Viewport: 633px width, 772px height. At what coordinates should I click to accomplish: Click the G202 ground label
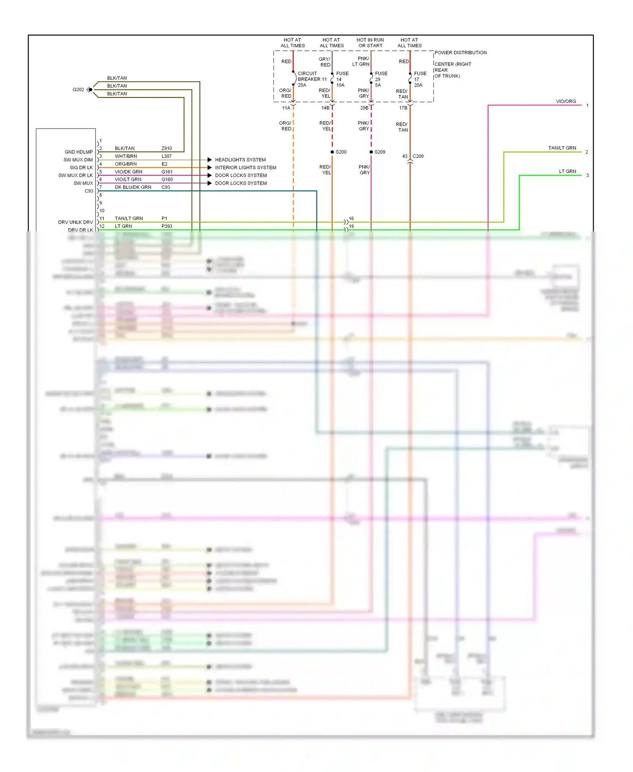pyautogui.click(x=78, y=90)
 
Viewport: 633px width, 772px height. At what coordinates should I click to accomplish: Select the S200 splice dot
pyautogui.click(x=332, y=152)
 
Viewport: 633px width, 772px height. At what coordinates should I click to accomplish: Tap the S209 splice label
pyautogui.click(x=380, y=152)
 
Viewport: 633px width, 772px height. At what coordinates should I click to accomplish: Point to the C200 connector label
pyautogui.click(x=418, y=156)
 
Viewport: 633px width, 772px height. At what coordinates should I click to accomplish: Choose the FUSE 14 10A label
pyautogui.click(x=342, y=79)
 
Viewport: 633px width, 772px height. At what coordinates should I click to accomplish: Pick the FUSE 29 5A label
pyautogui.click(x=381, y=79)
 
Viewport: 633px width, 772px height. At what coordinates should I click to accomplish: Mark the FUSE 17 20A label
pyautogui.click(x=420, y=79)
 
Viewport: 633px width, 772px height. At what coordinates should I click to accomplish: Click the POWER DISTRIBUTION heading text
pyautogui.click(x=460, y=53)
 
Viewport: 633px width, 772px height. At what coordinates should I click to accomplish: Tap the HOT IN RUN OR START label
pyautogui.click(x=370, y=43)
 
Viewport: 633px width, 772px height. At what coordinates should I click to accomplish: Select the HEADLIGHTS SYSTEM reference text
pyautogui.click(x=240, y=160)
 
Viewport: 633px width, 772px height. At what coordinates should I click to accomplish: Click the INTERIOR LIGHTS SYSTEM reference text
pyautogui.click(x=245, y=168)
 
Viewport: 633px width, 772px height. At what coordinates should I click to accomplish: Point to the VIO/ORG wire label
pyautogui.click(x=565, y=101)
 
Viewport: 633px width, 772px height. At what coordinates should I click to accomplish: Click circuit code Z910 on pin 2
pyautogui.click(x=167, y=149)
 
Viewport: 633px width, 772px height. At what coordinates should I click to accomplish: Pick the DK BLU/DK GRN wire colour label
pyautogui.click(x=133, y=187)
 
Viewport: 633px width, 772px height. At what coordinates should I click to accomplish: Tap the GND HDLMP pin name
pyautogui.click(x=78, y=152)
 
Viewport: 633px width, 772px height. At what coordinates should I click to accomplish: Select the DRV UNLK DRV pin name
pyautogui.click(x=76, y=222)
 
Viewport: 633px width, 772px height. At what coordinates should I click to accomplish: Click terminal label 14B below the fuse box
pyautogui.click(x=325, y=108)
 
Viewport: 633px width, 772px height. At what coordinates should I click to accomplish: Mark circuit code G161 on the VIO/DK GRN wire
pyautogui.click(x=167, y=172)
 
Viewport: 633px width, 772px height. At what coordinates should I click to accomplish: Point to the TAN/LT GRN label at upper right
pyautogui.click(x=562, y=148)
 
